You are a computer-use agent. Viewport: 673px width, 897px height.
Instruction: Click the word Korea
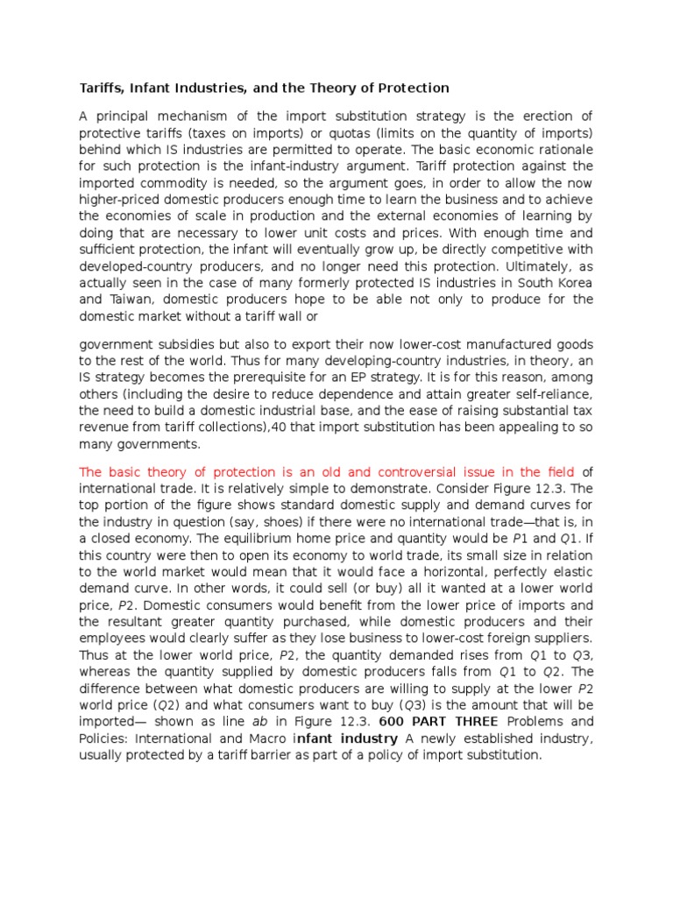pos(573,283)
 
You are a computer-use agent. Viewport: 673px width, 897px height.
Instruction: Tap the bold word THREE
pos(476,721)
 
